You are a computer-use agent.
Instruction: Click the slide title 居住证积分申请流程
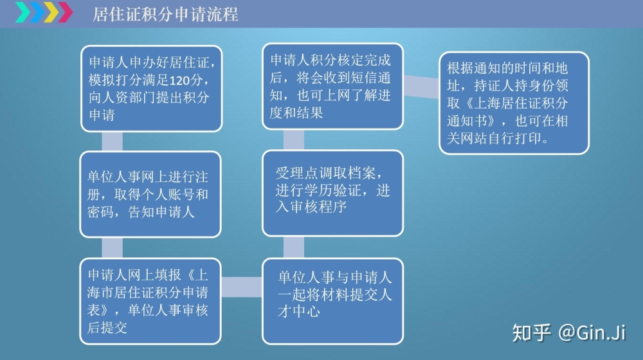(x=165, y=14)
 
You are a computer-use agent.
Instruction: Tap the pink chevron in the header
(x=65, y=12)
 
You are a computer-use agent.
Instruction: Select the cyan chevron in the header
(x=23, y=12)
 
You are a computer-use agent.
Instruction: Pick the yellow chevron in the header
(x=51, y=12)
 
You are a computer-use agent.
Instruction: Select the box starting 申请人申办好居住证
(x=151, y=88)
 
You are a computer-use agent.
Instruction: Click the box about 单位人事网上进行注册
(x=150, y=194)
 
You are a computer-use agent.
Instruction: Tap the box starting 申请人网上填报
(x=150, y=301)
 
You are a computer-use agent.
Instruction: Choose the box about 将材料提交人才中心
(x=332, y=301)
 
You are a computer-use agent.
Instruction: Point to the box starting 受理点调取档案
(x=332, y=193)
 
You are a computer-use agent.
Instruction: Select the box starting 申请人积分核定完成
(x=332, y=86)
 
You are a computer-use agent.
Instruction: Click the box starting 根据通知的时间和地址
(x=514, y=103)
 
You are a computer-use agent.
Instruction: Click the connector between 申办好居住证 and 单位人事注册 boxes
(x=112, y=141)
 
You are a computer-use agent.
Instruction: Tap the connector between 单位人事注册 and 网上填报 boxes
(x=112, y=248)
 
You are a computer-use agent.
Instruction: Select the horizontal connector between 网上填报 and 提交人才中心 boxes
(x=242, y=287)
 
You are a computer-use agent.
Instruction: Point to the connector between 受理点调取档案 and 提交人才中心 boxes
(x=294, y=248)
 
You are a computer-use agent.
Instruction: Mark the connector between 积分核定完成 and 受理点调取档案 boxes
(x=294, y=139)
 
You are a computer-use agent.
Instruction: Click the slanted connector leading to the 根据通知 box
(x=421, y=87)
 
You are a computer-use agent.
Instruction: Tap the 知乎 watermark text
(x=531, y=332)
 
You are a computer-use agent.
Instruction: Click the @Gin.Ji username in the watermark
(x=592, y=332)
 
